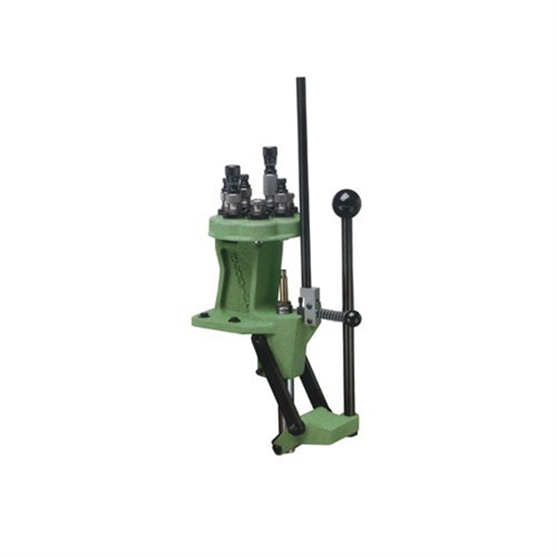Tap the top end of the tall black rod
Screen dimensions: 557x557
[x=301, y=82]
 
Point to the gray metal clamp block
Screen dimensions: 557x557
[x=308, y=303]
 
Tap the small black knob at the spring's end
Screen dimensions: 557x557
[x=354, y=318]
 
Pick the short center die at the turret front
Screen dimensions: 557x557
[x=258, y=209]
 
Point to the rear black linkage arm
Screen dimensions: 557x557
[x=312, y=383]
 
